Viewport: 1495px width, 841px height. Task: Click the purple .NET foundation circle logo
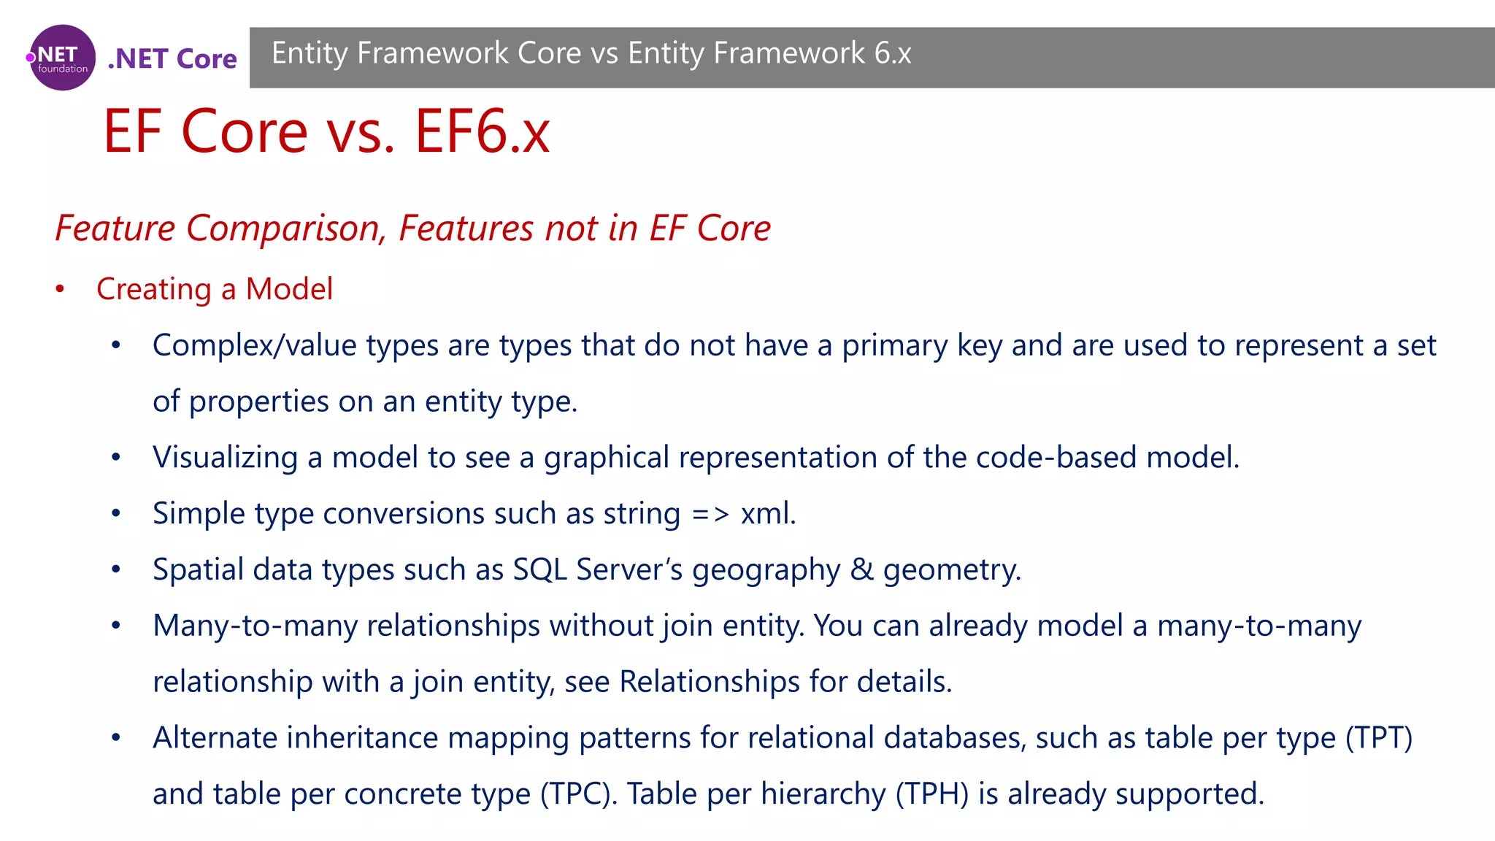[62, 58]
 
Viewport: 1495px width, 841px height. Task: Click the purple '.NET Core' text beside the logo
[172, 58]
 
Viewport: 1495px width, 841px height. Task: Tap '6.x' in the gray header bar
[893, 53]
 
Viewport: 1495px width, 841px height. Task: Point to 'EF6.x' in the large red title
[483, 131]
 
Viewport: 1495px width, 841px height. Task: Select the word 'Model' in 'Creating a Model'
[289, 289]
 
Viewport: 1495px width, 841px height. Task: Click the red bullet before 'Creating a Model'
[61, 290]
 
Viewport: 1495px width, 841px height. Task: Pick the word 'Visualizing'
[225, 458]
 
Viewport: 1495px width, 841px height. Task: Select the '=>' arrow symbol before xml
[710, 514]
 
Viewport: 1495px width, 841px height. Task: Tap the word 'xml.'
[768, 514]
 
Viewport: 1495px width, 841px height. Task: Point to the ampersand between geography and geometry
[861, 569]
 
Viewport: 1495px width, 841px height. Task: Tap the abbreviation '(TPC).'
[579, 794]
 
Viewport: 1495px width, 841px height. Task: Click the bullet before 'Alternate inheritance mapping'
[116, 738]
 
